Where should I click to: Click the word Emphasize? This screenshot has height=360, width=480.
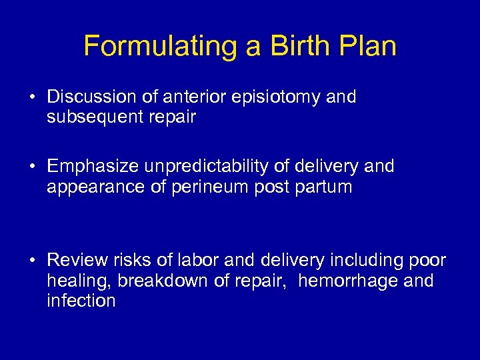93,166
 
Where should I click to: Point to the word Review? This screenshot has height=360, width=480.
77,259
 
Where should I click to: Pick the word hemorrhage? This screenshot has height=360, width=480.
349,281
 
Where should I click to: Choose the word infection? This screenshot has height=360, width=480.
81,301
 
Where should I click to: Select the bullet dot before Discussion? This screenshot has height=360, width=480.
32,97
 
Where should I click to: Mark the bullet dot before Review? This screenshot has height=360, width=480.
32,260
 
